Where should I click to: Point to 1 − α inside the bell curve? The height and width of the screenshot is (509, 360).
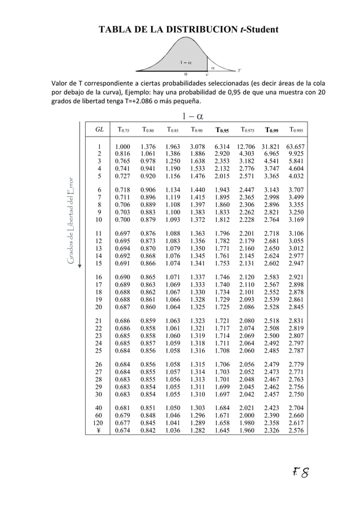tap(186, 62)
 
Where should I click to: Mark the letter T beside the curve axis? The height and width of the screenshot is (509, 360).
tap(239, 71)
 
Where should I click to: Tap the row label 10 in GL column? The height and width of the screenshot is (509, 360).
tap(99, 220)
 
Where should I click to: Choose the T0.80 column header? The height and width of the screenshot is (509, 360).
tap(150, 130)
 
